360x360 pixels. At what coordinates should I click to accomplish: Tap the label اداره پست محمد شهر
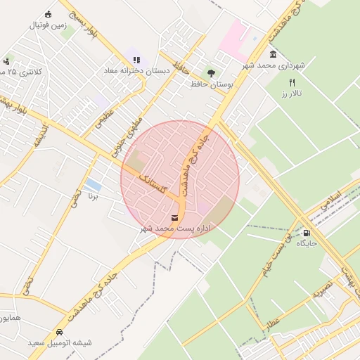tap(175, 229)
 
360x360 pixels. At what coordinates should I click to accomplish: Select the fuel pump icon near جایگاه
tap(307, 232)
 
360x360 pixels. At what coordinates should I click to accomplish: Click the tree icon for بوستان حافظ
tap(211, 72)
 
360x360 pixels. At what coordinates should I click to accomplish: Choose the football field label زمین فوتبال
tap(49, 25)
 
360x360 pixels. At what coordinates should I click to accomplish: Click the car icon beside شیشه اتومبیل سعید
tap(59, 332)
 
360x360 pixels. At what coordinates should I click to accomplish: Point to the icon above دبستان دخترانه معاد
tap(136, 60)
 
